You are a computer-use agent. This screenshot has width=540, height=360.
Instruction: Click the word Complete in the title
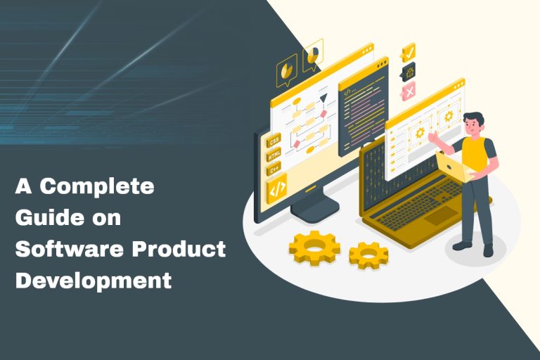pyautogui.click(x=97, y=187)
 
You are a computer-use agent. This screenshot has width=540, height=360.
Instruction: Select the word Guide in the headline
pyautogui.click(x=43, y=218)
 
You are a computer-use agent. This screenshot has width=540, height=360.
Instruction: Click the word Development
pyautogui.click(x=94, y=281)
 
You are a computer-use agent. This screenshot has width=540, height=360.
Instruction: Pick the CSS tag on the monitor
pyautogui.click(x=274, y=141)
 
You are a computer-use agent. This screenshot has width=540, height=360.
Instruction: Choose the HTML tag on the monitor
pyautogui.click(x=274, y=155)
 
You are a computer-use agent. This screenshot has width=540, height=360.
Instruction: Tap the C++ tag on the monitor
pyautogui.click(x=274, y=169)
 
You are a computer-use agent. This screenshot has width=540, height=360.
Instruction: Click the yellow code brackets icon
pyautogui.click(x=276, y=188)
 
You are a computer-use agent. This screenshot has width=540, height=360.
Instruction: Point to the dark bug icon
pyautogui.click(x=408, y=71)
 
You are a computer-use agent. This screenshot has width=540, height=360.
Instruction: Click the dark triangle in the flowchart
pyautogui.click(x=324, y=99)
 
